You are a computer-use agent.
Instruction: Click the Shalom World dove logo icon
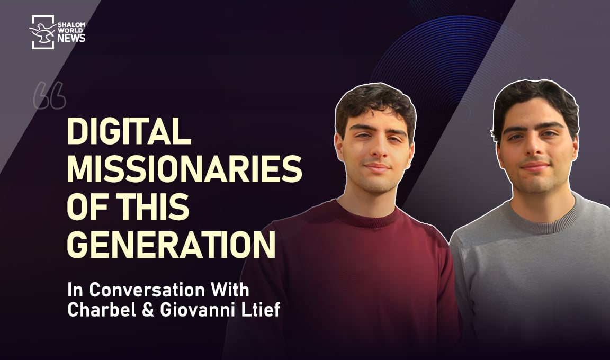coord(42,32)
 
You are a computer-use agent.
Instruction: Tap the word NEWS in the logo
coord(72,38)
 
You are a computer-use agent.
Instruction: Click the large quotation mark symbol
coord(49,95)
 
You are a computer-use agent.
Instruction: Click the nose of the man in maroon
coord(376,152)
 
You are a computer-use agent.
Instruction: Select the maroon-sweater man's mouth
coord(376,167)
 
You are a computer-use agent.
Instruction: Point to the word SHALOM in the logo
coord(74,24)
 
